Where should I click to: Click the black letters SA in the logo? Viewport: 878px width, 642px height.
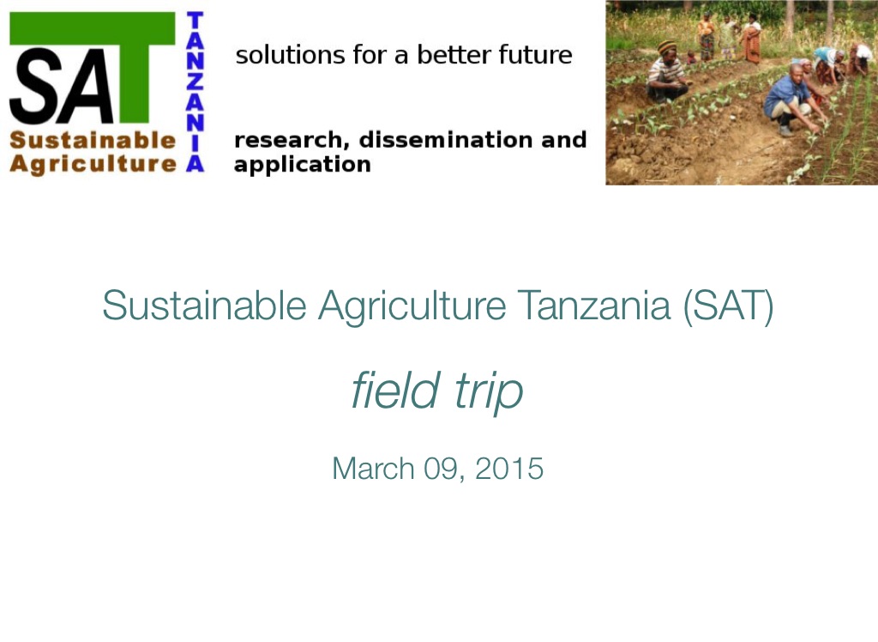(x=62, y=86)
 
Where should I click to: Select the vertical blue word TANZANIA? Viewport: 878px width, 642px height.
(x=195, y=91)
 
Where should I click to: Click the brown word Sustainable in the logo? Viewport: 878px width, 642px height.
(x=93, y=140)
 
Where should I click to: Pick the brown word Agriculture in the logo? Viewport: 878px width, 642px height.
(x=93, y=164)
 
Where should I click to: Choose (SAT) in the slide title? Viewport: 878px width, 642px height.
(x=729, y=306)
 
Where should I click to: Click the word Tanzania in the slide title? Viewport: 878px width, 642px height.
(x=593, y=305)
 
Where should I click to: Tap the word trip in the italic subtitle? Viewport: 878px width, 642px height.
(x=489, y=391)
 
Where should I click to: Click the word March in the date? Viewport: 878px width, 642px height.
(x=373, y=468)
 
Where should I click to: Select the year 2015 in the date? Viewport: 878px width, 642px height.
(x=509, y=468)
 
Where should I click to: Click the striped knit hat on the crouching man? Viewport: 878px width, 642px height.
(x=667, y=48)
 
